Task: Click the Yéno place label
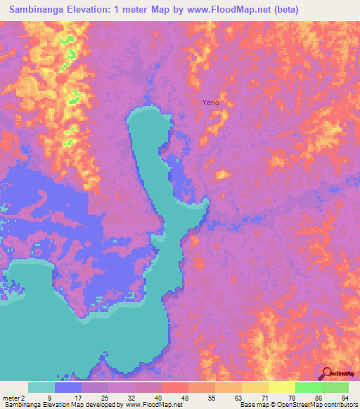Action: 211,103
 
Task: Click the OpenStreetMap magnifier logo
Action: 328,373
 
